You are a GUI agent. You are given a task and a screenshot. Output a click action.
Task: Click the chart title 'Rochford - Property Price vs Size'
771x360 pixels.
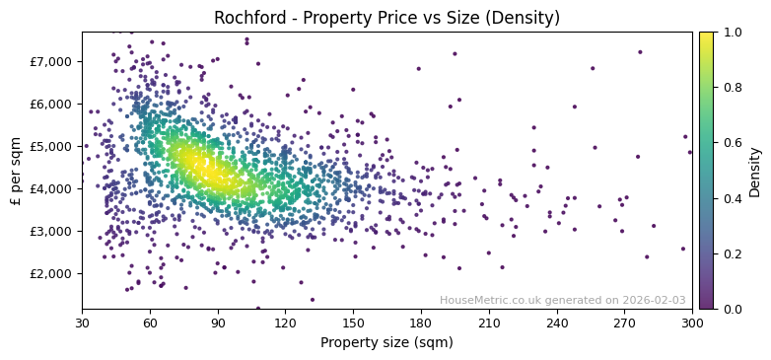386,18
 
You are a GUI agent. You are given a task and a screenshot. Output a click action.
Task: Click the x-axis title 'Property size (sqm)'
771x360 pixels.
386,343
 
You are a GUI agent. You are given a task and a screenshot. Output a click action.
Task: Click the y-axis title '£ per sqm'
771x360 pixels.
16,170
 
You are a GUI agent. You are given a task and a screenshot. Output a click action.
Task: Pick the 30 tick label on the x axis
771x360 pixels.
82,323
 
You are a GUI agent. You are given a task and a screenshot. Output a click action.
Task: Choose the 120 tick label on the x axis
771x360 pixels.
285,323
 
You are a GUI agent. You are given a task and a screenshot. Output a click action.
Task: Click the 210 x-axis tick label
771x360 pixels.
489,323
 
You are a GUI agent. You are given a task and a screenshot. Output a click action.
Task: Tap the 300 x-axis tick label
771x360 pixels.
692,323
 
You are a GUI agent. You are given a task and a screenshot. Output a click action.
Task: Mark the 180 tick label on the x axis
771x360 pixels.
421,323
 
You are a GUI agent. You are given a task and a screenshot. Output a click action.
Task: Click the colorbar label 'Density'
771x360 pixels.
754,170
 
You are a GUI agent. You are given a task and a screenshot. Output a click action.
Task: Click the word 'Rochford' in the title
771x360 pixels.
247,18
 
